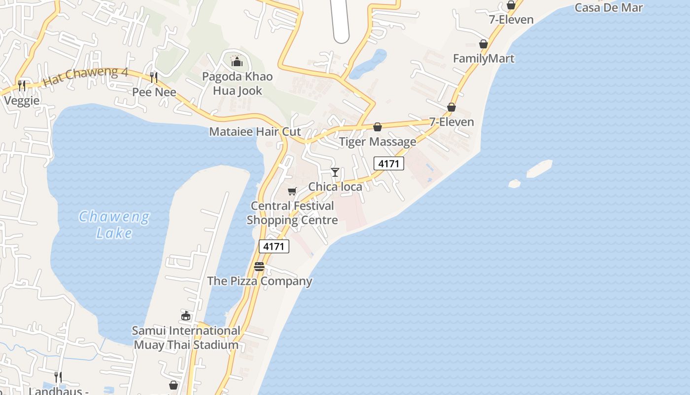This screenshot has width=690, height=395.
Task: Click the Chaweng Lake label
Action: (x=114, y=225)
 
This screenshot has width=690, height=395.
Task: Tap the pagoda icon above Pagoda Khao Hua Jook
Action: (x=237, y=62)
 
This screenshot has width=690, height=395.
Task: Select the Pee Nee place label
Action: (x=154, y=92)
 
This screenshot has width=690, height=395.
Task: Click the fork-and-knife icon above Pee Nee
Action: (x=154, y=77)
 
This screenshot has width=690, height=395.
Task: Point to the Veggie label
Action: (x=22, y=100)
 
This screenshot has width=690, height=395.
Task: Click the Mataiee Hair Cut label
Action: (x=255, y=132)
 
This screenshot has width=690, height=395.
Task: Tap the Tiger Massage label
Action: (x=378, y=142)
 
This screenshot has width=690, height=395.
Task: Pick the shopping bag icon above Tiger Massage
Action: (x=378, y=127)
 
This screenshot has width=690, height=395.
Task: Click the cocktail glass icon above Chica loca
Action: (x=335, y=172)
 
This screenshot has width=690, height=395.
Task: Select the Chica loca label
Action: (x=335, y=187)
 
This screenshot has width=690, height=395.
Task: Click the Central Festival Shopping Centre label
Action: (x=292, y=213)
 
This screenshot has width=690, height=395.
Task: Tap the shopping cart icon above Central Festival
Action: (x=292, y=191)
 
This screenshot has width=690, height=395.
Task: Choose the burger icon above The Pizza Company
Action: (x=259, y=267)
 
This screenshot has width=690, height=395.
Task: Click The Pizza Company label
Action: (x=260, y=281)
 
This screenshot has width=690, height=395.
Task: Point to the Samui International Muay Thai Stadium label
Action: (x=186, y=338)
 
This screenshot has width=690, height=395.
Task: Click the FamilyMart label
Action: (x=483, y=58)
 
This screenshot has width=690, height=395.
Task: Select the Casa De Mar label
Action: (x=609, y=7)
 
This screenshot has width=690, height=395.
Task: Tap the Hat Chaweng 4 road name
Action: (x=86, y=77)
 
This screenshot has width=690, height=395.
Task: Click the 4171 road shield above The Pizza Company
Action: (x=274, y=246)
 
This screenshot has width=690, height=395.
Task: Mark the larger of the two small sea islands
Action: (x=539, y=168)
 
